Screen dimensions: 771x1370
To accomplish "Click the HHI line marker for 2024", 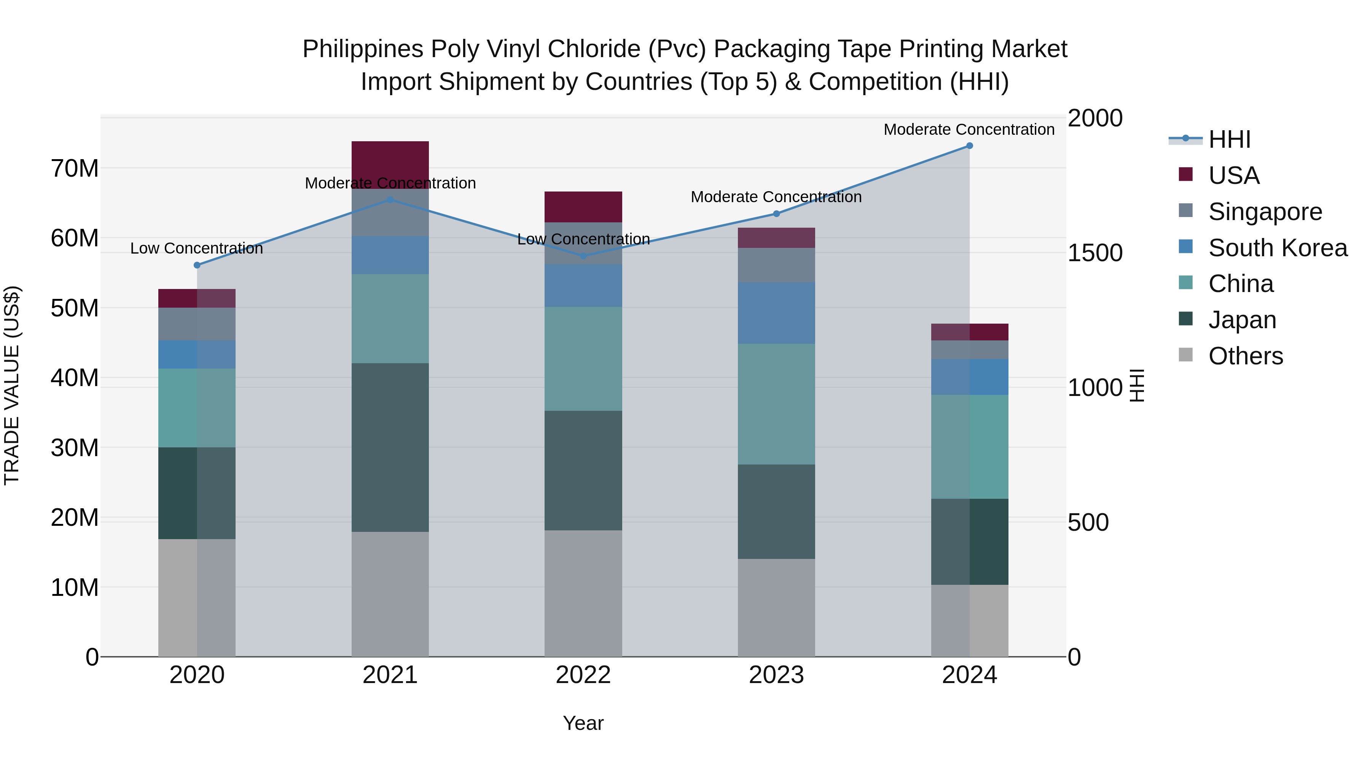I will point(970,146).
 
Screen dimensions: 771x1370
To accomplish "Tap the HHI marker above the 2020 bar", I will point(197,265).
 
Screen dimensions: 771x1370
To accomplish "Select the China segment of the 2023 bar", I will point(776,404).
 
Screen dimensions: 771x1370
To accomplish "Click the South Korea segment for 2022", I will point(583,286).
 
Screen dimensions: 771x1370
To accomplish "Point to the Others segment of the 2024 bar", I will point(970,621).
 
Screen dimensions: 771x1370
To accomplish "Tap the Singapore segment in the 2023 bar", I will point(776,265).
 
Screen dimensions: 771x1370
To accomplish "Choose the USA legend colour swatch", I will point(1185,174).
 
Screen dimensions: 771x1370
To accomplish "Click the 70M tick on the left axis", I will point(75,169).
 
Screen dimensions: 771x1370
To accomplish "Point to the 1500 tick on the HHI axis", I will point(1095,253).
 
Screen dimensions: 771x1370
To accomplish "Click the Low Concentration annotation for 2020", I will point(197,249).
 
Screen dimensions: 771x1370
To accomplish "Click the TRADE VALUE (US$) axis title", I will point(12,385).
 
